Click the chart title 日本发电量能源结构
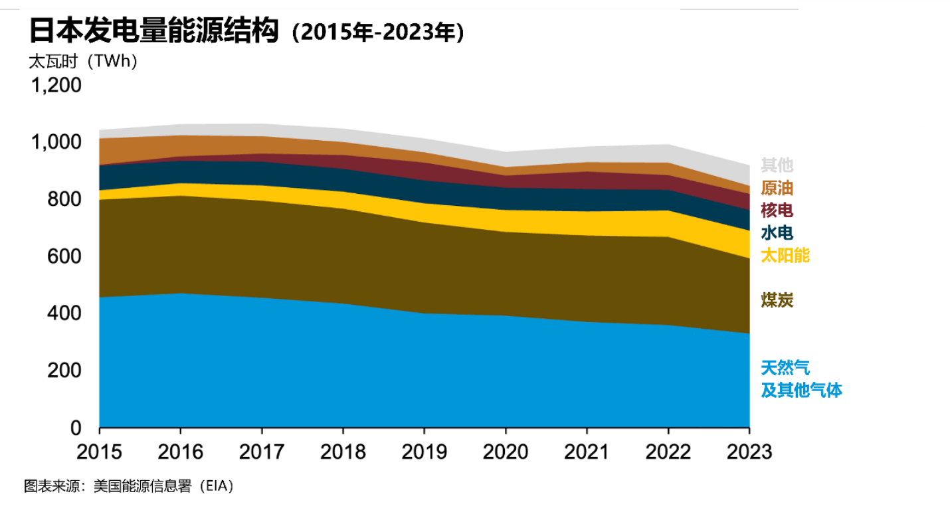(153, 31)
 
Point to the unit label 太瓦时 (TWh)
(83, 62)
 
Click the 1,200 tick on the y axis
(57, 86)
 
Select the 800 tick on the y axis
(65, 199)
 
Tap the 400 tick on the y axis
(65, 313)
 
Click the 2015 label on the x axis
(100, 452)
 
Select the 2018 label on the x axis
(343, 452)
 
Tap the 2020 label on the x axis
(506, 452)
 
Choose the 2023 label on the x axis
(749, 452)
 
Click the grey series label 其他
(777, 165)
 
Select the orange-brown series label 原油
(777, 187)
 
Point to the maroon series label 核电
(777, 210)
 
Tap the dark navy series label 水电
(777, 232)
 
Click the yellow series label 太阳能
(785, 255)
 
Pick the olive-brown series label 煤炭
(777, 300)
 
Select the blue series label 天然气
(785, 367)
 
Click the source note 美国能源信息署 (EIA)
(163, 486)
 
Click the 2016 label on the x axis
(181, 452)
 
